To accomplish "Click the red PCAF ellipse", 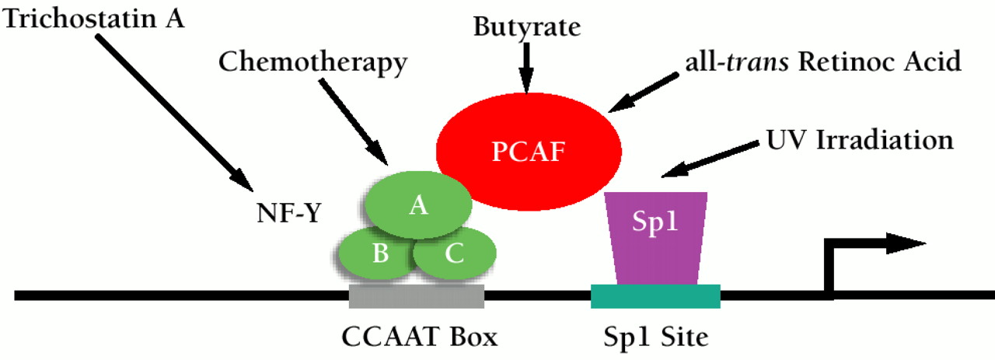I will point(529,149).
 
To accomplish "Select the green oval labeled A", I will point(419,204).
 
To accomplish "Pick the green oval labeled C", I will point(456,254).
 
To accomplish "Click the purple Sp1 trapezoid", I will point(657,237).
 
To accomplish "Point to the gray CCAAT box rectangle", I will point(417,296).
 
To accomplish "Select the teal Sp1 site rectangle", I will point(655,296).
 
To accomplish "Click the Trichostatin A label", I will point(94,17).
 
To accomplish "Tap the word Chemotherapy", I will point(312,63).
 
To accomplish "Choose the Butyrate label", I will point(527,28).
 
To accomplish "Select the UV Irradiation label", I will point(860,140).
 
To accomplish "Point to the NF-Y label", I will point(288,212).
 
